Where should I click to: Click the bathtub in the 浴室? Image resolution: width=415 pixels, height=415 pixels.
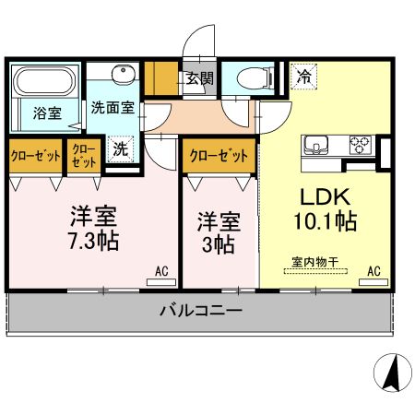point(45,81)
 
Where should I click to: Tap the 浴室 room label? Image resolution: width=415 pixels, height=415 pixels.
point(47,113)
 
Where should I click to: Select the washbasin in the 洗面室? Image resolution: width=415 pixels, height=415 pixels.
point(124,74)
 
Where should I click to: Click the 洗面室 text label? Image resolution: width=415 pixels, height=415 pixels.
point(113,108)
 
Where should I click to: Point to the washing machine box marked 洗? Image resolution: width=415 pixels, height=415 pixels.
point(120,149)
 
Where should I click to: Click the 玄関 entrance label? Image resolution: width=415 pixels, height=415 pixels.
point(200,78)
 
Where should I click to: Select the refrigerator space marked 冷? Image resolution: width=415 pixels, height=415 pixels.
point(303,77)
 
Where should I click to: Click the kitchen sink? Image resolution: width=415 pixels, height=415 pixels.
point(316,145)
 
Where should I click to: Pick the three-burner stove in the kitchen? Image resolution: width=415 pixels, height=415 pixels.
point(361,145)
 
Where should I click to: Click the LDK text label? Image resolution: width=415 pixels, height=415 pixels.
point(326,197)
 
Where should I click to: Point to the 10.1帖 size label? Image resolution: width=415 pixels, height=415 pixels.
point(326,221)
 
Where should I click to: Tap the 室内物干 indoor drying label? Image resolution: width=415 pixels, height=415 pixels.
point(315,262)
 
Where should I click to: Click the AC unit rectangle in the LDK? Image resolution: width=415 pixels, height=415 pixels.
point(373,282)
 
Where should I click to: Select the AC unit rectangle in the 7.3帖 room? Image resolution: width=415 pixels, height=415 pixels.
point(161,282)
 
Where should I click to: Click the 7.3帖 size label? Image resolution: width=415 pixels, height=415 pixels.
point(94,241)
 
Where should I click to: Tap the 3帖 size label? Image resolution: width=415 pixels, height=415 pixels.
point(219,244)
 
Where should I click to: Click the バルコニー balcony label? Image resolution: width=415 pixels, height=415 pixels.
point(201,311)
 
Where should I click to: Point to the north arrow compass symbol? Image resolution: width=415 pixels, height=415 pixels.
point(393,373)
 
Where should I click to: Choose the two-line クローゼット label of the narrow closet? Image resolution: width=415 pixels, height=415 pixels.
point(84,156)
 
